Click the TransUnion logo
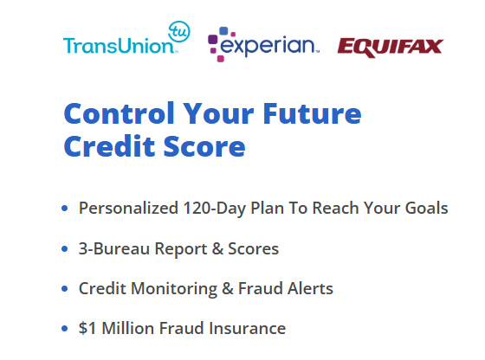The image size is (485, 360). [x=126, y=38]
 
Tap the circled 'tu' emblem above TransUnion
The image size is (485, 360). [x=179, y=31]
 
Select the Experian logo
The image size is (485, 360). [x=263, y=44]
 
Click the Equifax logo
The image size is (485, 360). [x=391, y=48]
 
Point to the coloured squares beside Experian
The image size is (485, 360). [x=222, y=44]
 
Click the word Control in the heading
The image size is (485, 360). [x=120, y=113]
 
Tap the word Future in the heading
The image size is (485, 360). [x=312, y=113]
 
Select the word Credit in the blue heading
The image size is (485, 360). [x=109, y=146]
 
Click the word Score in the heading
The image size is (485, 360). [x=204, y=146]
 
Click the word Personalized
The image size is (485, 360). [x=128, y=208]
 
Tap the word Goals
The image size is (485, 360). [x=426, y=208]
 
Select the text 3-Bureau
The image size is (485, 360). [x=114, y=248]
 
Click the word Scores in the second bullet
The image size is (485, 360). [x=253, y=248]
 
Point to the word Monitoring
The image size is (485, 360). [x=174, y=289]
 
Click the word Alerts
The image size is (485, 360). [x=310, y=288]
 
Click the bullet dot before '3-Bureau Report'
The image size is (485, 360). [x=65, y=248]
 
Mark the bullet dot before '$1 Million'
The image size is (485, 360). [x=65, y=329]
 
